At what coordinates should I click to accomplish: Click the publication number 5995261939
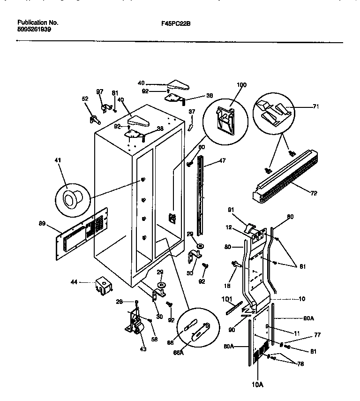(x=34, y=29)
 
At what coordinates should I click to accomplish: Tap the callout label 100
(x=241, y=85)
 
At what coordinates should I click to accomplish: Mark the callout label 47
(x=222, y=160)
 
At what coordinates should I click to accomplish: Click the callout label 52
(x=85, y=99)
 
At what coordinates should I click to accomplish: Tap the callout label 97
(x=99, y=91)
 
